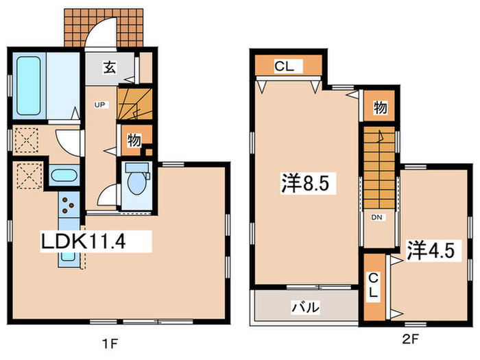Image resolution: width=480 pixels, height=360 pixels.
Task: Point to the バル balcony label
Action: click(307, 308)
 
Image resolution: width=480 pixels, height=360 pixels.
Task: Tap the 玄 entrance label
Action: click(109, 67)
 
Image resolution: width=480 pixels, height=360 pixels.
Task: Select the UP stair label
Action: click(99, 105)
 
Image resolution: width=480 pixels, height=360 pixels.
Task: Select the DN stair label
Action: click(376, 218)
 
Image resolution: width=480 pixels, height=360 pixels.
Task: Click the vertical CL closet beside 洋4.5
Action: click(374, 285)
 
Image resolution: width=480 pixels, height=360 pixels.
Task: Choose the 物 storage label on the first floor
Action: click(134, 141)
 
